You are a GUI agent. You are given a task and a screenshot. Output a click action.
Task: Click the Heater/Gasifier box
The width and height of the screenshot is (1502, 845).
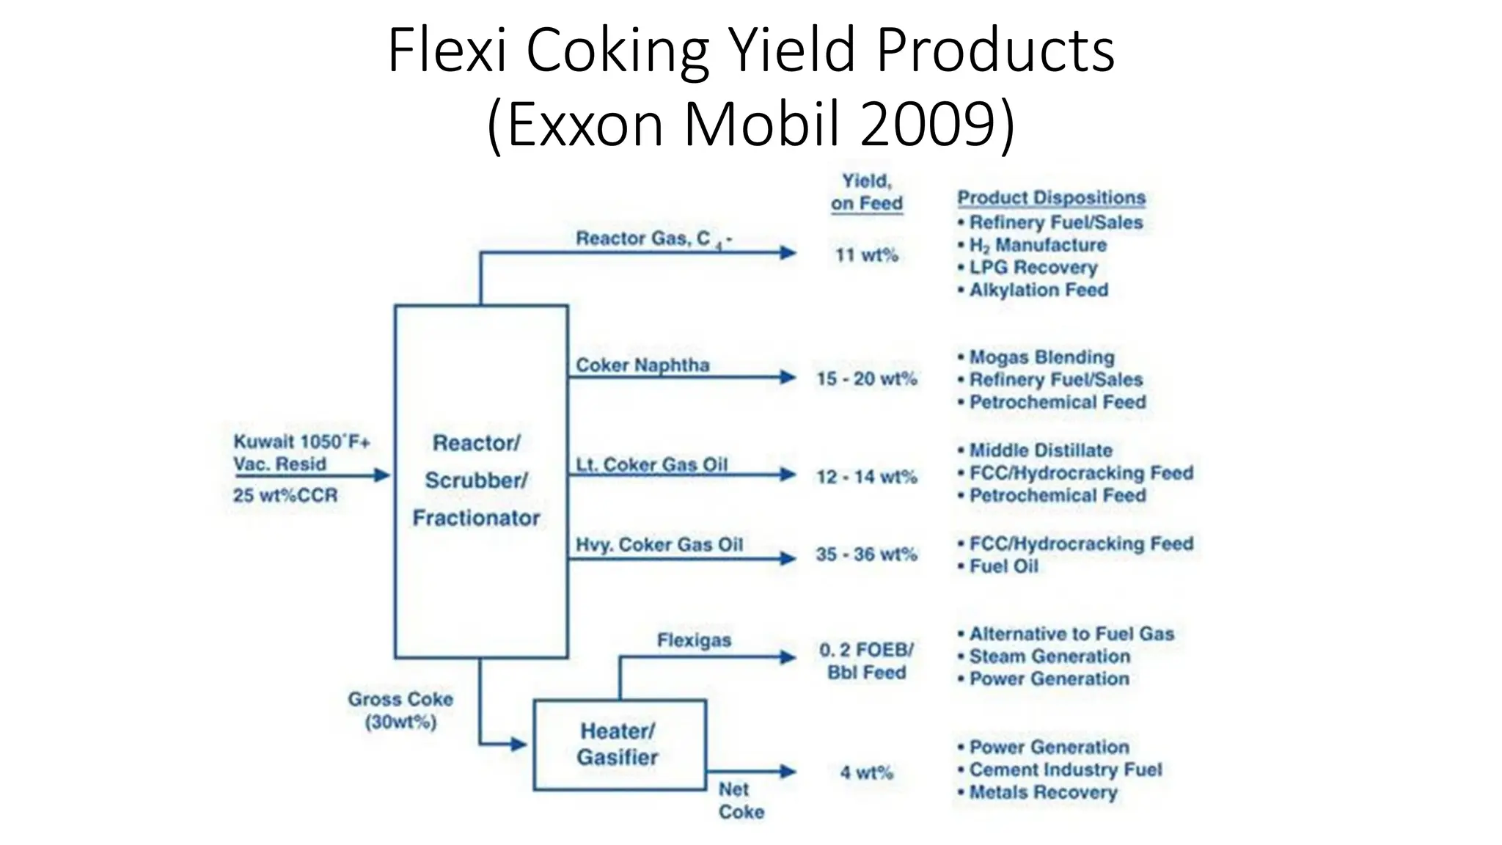click(620, 745)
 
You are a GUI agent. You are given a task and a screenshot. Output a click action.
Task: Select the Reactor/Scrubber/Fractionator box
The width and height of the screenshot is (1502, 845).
click(480, 481)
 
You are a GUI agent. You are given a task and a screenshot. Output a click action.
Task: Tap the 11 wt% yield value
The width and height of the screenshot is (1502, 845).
click(867, 255)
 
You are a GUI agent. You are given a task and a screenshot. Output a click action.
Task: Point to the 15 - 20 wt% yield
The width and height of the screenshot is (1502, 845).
click(867, 378)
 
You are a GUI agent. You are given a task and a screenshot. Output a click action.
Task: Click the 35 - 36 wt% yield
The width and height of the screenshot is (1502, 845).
click(867, 555)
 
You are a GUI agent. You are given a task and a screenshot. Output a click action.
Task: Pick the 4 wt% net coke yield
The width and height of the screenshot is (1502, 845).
click(867, 772)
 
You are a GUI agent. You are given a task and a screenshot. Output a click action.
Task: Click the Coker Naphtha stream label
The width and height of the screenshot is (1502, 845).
click(642, 365)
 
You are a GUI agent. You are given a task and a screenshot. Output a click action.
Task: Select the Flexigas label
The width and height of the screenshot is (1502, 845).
click(694, 640)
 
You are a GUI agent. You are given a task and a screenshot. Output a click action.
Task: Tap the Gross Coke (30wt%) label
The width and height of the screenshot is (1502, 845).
click(400, 711)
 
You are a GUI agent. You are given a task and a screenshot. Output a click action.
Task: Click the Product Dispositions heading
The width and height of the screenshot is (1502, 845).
click(1051, 198)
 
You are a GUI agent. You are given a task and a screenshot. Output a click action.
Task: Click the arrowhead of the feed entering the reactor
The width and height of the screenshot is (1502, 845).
click(382, 475)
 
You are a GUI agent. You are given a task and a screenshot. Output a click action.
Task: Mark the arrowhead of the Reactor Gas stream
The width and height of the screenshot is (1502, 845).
click(788, 253)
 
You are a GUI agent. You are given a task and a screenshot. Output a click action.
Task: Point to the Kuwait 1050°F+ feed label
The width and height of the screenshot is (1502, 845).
click(301, 442)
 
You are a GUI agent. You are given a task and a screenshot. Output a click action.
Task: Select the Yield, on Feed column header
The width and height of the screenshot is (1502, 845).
click(867, 192)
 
